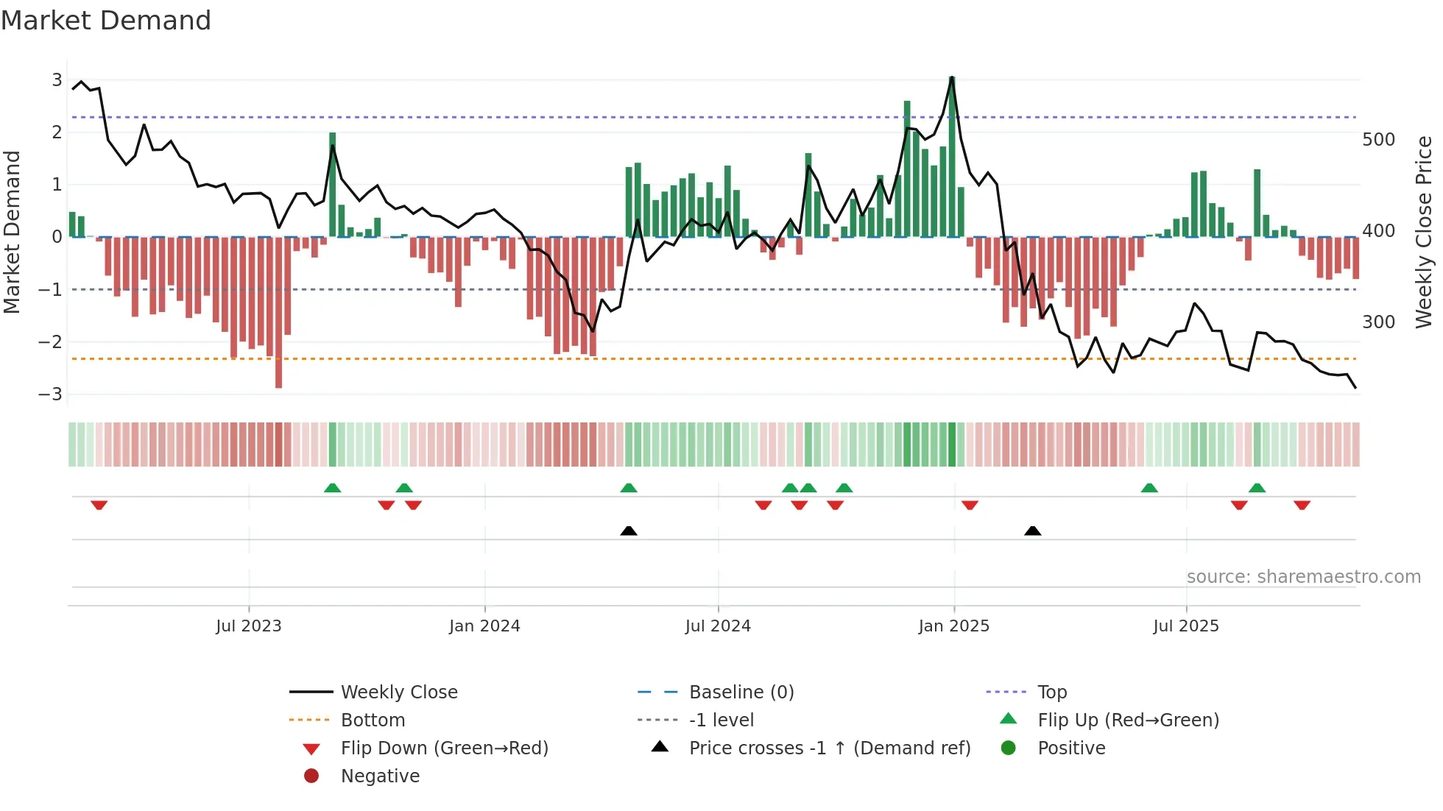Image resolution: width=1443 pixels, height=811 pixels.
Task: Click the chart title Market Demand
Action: tap(106, 21)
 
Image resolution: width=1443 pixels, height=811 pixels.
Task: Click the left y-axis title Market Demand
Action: tap(12, 232)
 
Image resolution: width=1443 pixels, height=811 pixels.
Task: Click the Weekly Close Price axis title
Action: tap(1424, 232)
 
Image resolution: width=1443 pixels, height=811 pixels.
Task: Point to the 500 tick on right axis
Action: tap(1378, 140)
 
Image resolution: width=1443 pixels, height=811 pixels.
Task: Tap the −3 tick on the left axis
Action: tap(50, 394)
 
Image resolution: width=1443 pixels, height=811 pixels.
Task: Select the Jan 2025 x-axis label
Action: tap(953, 626)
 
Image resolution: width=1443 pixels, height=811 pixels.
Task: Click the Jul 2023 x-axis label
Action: tap(248, 626)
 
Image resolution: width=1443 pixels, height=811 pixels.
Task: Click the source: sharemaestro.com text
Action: tap(1303, 577)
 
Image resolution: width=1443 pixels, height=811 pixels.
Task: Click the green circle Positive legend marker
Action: tap(1009, 748)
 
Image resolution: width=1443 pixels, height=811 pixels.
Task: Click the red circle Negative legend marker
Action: tap(311, 776)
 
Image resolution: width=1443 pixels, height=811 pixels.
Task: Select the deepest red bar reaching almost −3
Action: tap(278, 313)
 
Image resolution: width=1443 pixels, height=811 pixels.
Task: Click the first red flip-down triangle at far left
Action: tap(99, 505)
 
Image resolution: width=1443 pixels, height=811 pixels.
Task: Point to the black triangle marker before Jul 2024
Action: tap(629, 531)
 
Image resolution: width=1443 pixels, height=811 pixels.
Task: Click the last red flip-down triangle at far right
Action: tap(1302, 505)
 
